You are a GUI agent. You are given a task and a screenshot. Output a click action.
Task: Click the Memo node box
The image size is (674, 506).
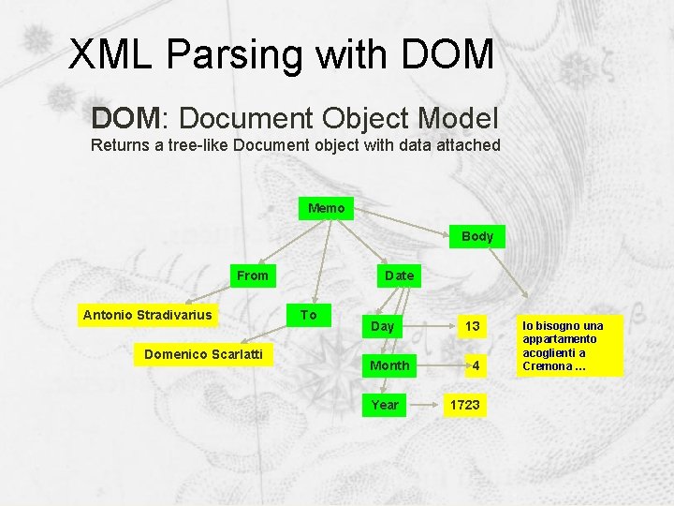coord(327,208)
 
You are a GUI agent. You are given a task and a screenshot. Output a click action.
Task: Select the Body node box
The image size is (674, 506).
coord(477,236)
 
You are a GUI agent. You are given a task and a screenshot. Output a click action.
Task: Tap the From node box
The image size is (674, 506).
coord(253,275)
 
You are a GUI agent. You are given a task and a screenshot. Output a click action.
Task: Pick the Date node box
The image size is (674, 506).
coord(399,275)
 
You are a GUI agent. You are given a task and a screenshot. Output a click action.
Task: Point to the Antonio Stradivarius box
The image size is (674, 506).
coord(148,315)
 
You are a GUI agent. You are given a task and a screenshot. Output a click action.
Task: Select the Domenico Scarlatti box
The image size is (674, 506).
coord(203,354)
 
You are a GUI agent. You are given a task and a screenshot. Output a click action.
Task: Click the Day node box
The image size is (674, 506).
coord(383,326)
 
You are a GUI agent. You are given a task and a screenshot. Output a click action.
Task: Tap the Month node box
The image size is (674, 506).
coord(389,365)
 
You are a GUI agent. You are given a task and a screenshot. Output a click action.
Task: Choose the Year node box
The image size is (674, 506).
coord(385,405)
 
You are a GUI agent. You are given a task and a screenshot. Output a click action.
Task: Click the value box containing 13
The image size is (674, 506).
coord(473,326)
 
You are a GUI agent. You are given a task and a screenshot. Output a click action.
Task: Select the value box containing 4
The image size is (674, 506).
coord(476,365)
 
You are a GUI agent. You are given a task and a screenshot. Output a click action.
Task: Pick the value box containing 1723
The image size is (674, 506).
coord(465,405)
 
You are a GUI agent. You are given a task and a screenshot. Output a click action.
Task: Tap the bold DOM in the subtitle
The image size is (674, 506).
coord(125,118)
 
